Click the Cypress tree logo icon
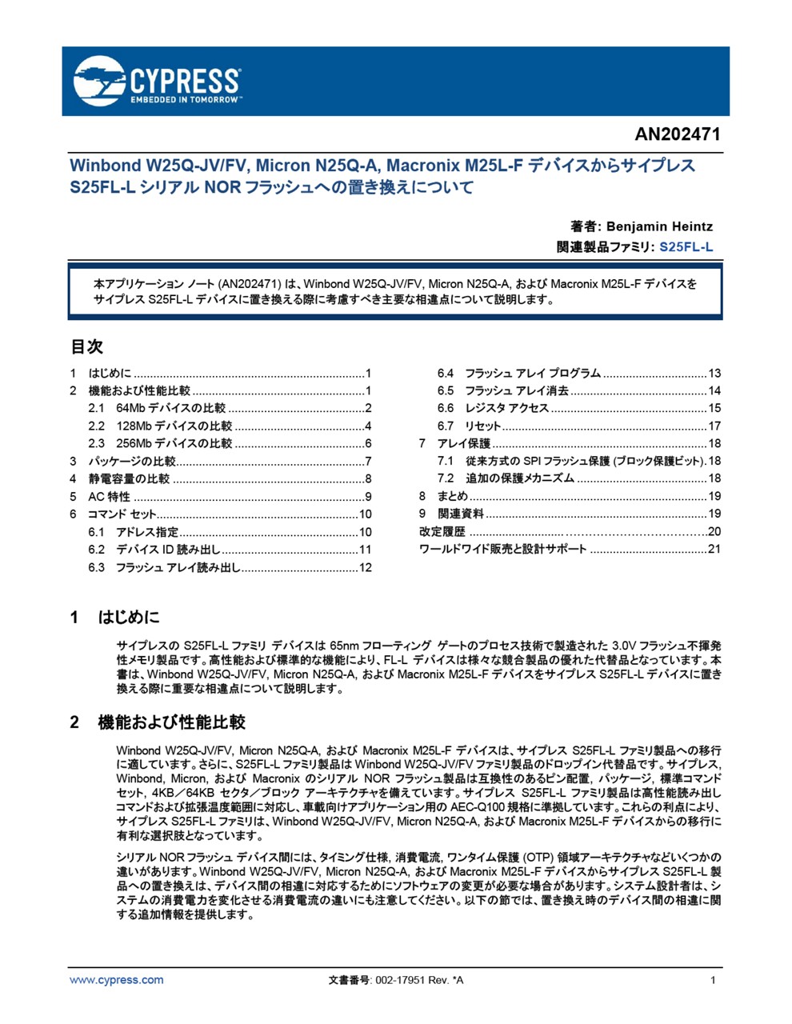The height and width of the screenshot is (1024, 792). (98, 81)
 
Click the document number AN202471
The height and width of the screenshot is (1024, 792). (678, 134)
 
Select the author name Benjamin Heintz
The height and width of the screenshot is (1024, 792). (658, 226)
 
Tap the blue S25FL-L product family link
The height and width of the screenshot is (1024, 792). (686, 247)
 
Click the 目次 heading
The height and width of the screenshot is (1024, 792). (86, 346)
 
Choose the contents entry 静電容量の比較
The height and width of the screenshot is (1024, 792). (129, 478)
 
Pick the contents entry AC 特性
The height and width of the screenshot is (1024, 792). (109, 496)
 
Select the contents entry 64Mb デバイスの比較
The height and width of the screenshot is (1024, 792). (171, 408)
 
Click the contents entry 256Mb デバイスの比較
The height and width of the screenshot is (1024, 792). (174, 443)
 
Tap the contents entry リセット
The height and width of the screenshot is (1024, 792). (483, 426)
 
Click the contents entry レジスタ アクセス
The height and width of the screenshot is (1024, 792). (507, 408)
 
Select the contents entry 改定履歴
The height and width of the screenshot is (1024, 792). (442, 532)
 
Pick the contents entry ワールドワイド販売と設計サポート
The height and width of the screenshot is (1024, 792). (502, 550)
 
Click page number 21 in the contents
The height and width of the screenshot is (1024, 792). (714, 550)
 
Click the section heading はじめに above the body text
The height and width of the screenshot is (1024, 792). (129, 617)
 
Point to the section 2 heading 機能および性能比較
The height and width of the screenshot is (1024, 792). (171, 722)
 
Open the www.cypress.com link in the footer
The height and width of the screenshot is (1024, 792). (116, 980)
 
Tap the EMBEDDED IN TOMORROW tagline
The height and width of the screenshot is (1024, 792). (184, 100)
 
